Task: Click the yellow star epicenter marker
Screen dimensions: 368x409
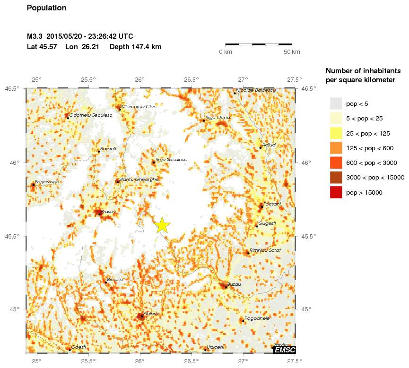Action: point(162,225)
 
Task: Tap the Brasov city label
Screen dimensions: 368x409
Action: point(108,211)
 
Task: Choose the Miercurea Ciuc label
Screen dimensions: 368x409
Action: point(139,107)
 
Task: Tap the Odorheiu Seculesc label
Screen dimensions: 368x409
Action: point(90,115)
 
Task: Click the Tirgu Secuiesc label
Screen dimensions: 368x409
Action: point(171,160)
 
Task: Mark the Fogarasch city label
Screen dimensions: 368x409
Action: point(46,182)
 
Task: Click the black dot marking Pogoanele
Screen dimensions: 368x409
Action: point(243,321)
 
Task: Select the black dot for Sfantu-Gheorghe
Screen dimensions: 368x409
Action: point(117,182)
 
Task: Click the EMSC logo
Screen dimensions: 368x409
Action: point(285,350)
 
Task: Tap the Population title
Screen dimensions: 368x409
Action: point(46,8)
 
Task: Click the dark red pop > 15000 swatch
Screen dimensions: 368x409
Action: point(336,192)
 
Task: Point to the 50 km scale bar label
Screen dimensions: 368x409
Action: point(292,51)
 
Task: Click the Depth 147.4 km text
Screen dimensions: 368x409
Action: point(136,47)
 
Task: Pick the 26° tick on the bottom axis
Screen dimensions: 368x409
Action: point(140,362)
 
